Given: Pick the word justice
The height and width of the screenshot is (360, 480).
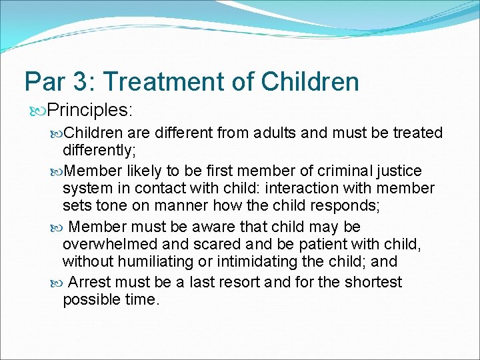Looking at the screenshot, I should tap(394, 170).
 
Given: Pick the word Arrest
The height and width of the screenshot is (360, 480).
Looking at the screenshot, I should tap(92, 282).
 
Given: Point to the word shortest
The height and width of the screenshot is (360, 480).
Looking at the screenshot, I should tap(372, 282).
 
